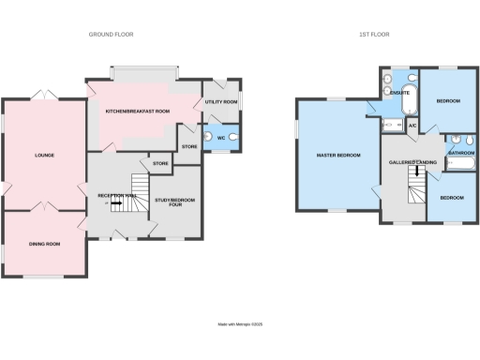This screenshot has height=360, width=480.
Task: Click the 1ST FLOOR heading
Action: point(375,34)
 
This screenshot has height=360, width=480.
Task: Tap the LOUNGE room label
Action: point(42,156)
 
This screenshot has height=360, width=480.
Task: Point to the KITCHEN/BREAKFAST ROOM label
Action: point(138,111)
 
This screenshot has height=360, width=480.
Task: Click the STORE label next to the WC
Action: point(188,146)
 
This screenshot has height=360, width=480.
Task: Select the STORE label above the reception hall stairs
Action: point(159,164)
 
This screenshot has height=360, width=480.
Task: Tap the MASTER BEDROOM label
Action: point(337,156)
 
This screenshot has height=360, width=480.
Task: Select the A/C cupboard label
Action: point(412,125)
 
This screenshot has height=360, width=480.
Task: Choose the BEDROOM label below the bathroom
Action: point(452,198)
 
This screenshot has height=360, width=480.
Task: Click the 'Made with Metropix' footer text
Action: point(240,324)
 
